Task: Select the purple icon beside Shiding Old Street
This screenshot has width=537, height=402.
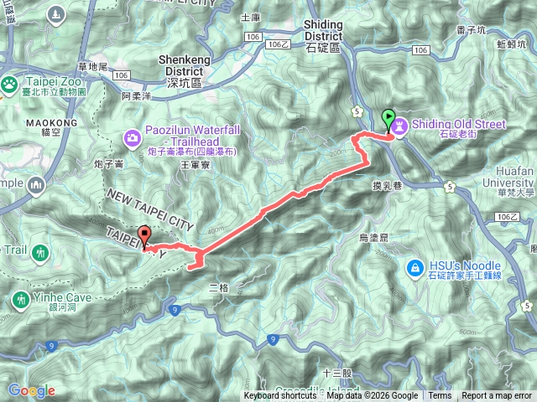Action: tap(399, 125)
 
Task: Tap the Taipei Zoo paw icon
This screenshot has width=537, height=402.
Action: tap(9, 84)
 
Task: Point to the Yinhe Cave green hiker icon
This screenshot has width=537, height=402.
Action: tap(20, 298)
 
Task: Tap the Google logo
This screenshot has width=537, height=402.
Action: tap(32, 390)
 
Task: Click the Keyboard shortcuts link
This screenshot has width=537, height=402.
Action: tap(280, 396)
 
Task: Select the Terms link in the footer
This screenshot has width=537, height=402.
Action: tap(440, 396)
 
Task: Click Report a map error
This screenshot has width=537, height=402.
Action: tap(497, 396)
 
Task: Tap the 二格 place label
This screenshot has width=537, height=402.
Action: tap(218, 287)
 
